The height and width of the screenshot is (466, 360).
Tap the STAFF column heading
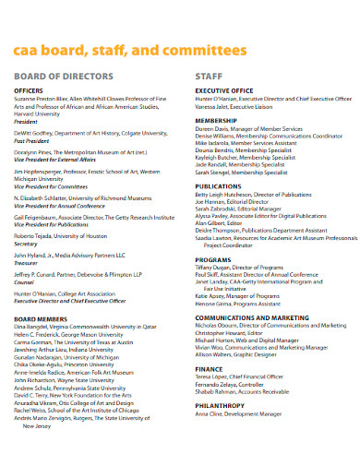coord(210,76)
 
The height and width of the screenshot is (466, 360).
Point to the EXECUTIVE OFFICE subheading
coord(224,90)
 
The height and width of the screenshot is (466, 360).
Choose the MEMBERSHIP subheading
coord(216,120)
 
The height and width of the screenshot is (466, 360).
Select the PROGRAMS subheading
coord(213,260)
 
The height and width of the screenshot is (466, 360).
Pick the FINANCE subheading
coord(210,367)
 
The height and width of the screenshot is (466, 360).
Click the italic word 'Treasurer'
coord(28,262)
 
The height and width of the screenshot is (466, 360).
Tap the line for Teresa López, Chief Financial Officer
coord(249,378)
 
